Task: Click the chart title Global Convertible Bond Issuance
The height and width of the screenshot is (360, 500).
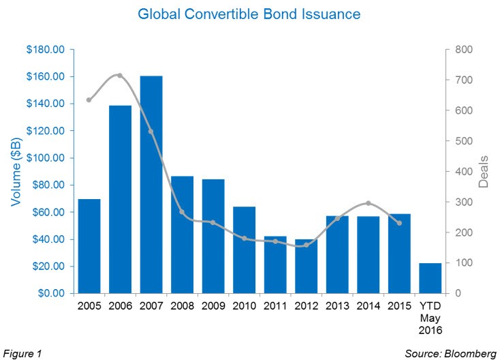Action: tap(249, 14)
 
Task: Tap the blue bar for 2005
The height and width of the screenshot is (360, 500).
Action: tap(89, 246)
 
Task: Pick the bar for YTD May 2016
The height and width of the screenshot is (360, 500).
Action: tap(430, 278)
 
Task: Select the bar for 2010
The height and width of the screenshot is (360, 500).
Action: tap(244, 250)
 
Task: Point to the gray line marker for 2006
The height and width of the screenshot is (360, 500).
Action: tap(120, 76)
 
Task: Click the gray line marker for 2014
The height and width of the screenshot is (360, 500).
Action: tap(368, 203)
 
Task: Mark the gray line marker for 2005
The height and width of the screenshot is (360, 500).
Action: tap(89, 100)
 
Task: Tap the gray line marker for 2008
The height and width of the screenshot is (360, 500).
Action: tap(182, 212)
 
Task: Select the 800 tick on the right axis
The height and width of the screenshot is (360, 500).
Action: tap(462, 50)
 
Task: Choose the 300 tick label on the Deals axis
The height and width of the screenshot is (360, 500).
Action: tap(462, 202)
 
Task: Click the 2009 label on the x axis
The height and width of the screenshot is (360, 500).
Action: tap(213, 306)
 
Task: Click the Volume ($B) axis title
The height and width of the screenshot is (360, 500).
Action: tap(14, 172)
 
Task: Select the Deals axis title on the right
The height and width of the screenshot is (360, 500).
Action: tap(484, 172)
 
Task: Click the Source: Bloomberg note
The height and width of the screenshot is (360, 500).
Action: tap(451, 353)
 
